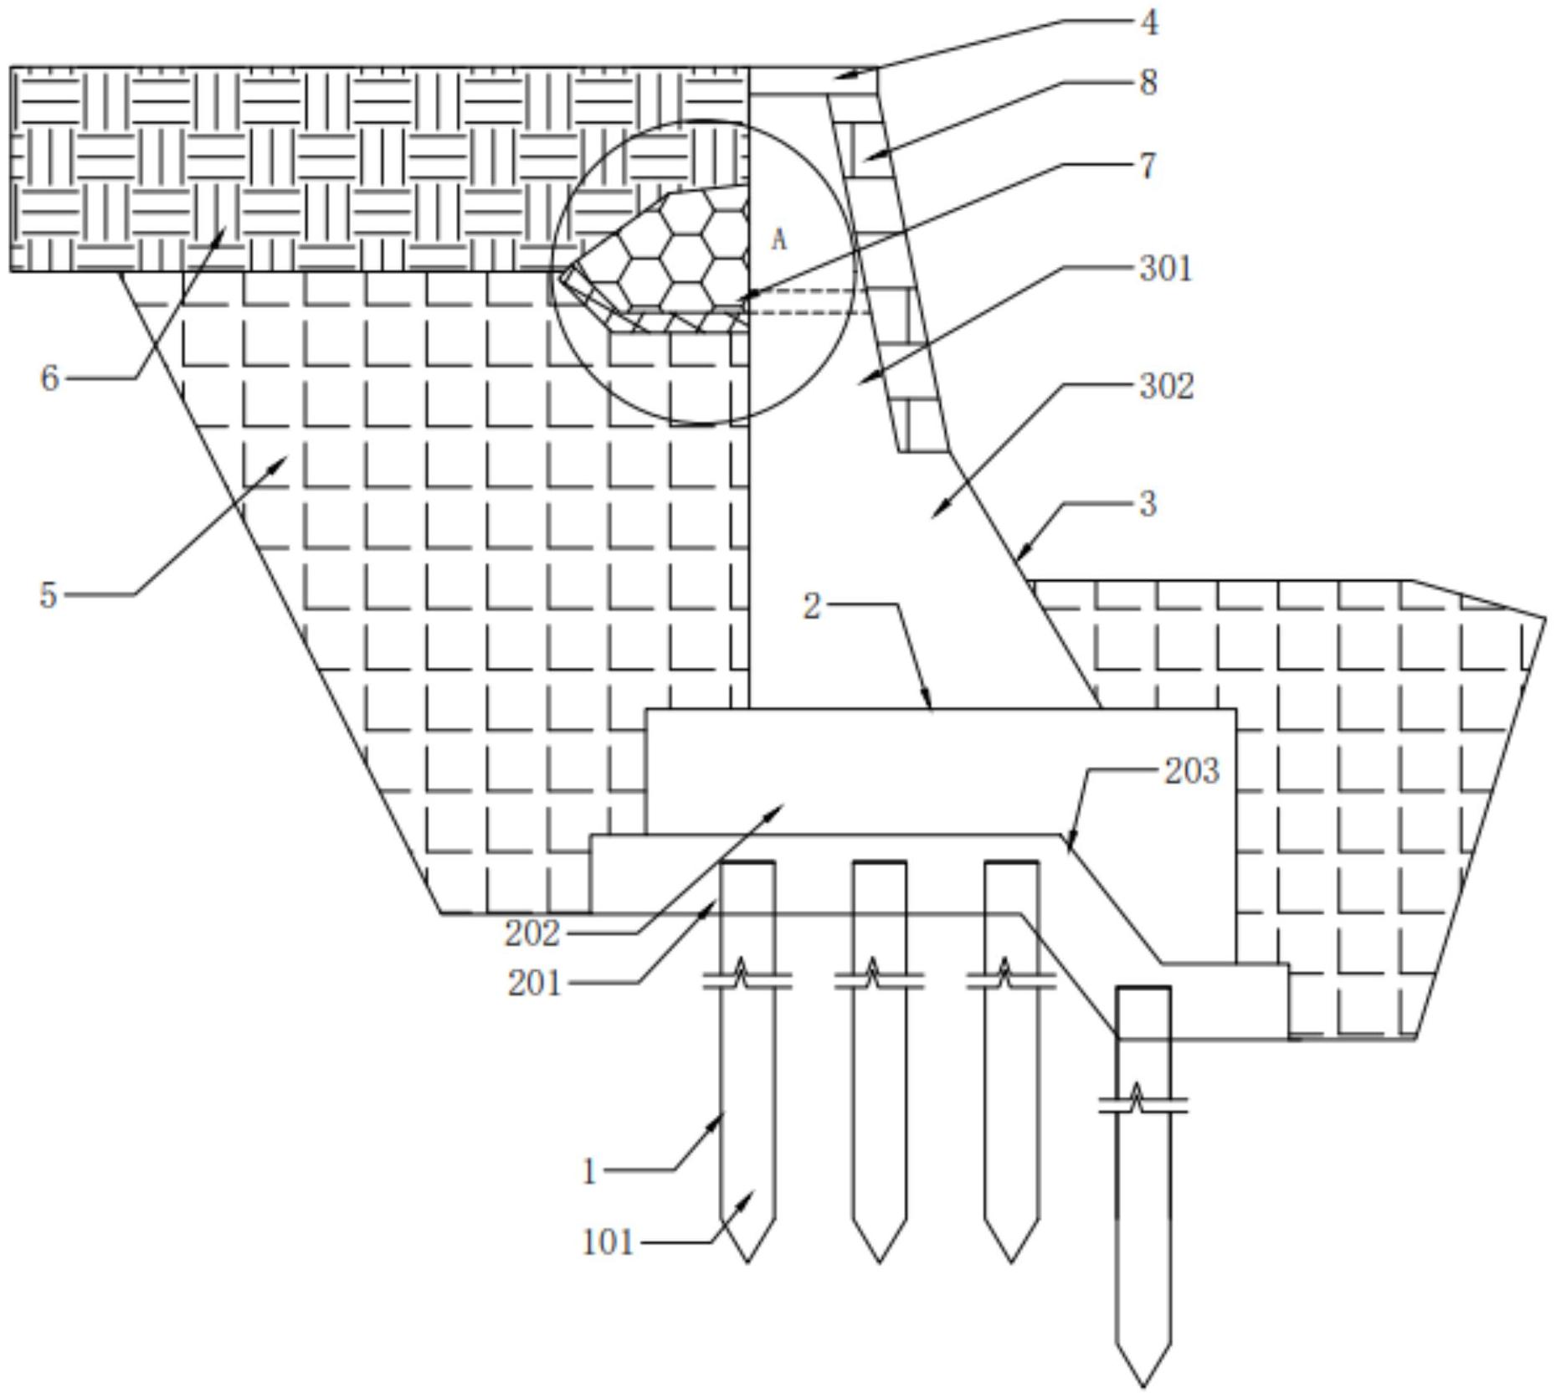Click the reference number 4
tap(1150, 23)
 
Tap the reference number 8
tap(1148, 82)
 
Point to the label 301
tap(1166, 269)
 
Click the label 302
tap(1167, 386)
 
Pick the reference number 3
tap(1148, 503)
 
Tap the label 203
tap(1192, 771)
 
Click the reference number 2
tap(812, 607)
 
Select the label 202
tap(532, 933)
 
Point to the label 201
tap(534, 984)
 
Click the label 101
tap(608, 1242)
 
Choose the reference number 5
tap(49, 595)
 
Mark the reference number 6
tap(49, 378)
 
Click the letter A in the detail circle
tap(779, 240)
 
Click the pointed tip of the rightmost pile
tap(1143, 1383)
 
